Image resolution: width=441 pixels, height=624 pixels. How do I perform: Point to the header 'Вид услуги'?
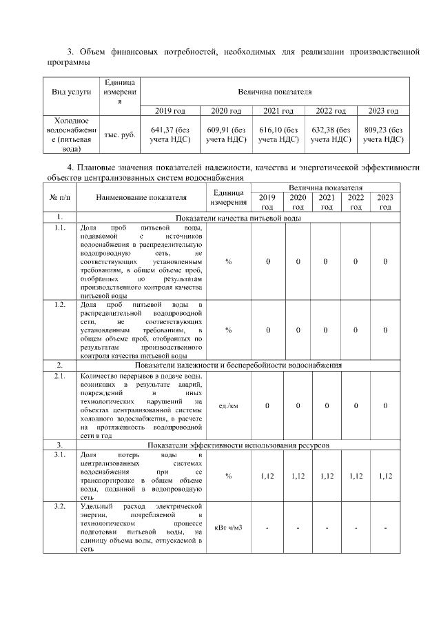[x=71, y=92]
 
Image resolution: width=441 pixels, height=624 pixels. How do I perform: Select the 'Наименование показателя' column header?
[x=141, y=197]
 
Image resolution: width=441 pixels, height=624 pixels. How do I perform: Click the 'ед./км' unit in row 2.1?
[x=228, y=405]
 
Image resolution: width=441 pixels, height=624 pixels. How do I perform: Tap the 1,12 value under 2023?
[x=385, y=476]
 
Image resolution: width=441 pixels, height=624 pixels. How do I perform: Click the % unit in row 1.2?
[x=228, y=330]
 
